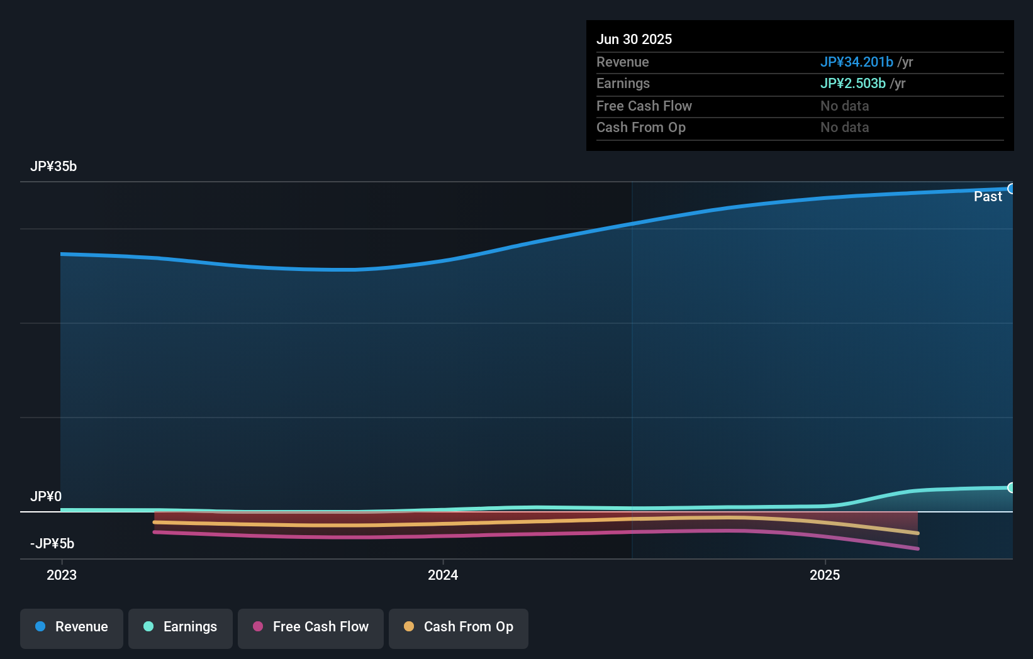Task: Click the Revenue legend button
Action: click(x=72, y=628)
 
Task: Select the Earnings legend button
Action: click(x=181, y=628)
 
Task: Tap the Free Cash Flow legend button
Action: click(x=311, y=628)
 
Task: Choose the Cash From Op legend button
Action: click(x=459, y=628)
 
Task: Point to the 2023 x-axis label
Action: click(x=62, y=575)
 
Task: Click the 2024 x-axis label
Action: click(x=443, y=575)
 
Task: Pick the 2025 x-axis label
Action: click(x=825, y=575)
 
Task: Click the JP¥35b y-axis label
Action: click(x=53, y=167)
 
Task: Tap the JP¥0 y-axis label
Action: click(x=46, y=497)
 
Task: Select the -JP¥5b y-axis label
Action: click(x=52, y=544)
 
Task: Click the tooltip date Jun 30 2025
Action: click(x=634, y=40)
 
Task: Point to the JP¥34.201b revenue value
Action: click(x=856, y=62)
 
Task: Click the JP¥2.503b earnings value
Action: click(x=852, y=84)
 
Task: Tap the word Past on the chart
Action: click(x=988, y=197)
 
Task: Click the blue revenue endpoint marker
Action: click(x=1011, y=189)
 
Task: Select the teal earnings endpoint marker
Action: click(x=1011, y=487)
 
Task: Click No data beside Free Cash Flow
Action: click(x=844, y=106)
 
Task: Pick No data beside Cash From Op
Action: click(x=844, y=128)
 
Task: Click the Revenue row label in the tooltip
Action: click(x=622, y=62)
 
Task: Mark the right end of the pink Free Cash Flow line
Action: click(x=917, y=548)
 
